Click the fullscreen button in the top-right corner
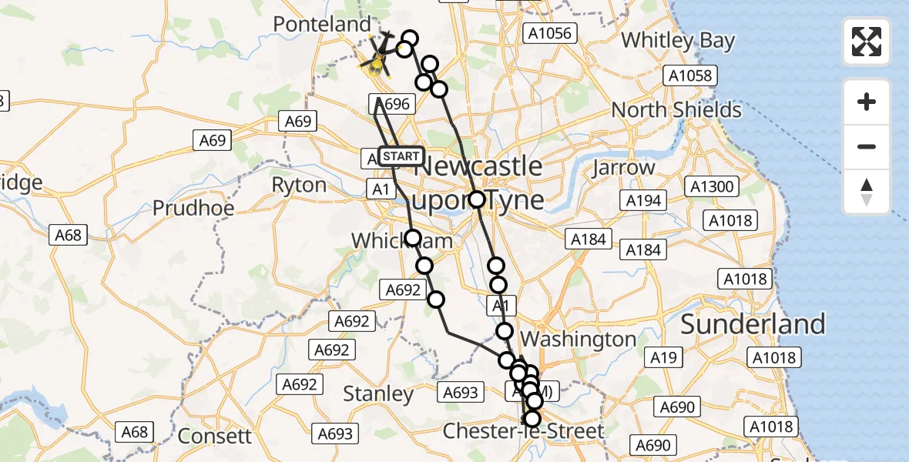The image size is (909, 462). (x=867, y=42)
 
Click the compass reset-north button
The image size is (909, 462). (x=867, y=192)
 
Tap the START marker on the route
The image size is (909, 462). (x=401, y=156)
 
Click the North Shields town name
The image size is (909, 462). (x=676, y=110)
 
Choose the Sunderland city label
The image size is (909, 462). (x=753, y=324)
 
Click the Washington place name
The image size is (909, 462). (x=579, y=339)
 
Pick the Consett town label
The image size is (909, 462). (x=214, y=436)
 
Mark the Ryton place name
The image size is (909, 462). (x=299, y=186)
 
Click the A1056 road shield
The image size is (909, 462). (x=548, y=33)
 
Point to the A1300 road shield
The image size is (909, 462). (x=713, y=186)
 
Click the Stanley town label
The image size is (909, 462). (x=378, y=394)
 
